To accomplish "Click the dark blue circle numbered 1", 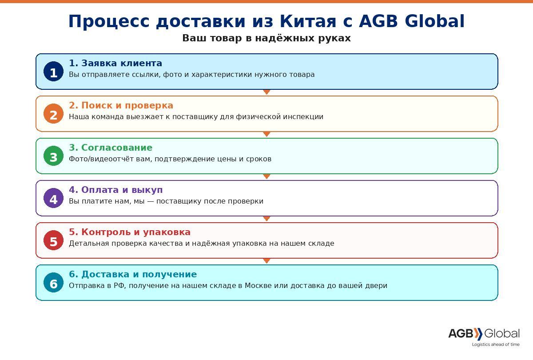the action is point(54,72).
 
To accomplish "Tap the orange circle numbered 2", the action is point(54,114).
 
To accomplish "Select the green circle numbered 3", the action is point(54,156).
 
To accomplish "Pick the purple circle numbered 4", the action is point(54,198).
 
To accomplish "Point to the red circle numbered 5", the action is point(54,240).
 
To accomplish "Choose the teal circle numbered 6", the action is point(54,283).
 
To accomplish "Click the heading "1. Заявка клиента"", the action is point(115,63).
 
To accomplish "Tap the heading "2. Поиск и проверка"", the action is point(121,105).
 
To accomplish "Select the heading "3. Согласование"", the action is point(111,148).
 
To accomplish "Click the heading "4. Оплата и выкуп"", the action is point(116,190).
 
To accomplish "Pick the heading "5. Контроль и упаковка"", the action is point(130,232).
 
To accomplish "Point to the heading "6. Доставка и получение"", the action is point(133,274).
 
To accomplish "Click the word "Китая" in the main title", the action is point(308,21).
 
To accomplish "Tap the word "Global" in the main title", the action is point(434,21).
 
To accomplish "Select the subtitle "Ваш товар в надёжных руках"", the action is point(266,38).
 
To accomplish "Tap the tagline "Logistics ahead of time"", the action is point(496,344).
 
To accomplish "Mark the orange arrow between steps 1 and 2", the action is point(267,92).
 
